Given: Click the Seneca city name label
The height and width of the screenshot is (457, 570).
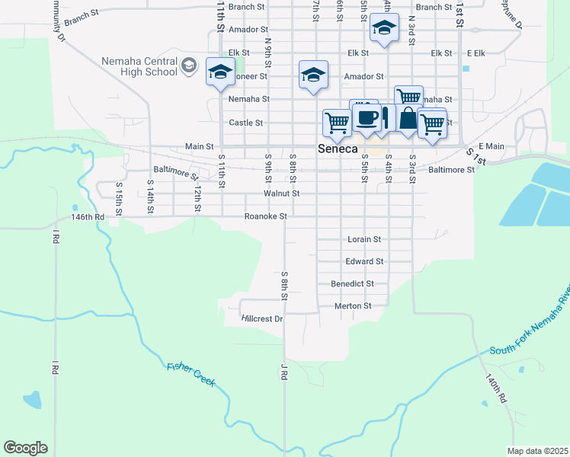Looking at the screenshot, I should click(336, 150).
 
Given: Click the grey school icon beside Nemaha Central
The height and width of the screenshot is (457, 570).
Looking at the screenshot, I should click(188, 67).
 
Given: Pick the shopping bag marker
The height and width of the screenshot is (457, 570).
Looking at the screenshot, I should click(408, 119).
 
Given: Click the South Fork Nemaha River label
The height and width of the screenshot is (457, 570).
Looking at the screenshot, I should click(527, 328).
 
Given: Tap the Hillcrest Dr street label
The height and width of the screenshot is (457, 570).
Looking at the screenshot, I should click(262, 318).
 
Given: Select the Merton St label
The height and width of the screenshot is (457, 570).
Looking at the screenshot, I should click(352, 306).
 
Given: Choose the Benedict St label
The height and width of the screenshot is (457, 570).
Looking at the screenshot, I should click(352, 283).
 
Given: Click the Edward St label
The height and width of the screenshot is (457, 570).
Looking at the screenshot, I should click(363, 261).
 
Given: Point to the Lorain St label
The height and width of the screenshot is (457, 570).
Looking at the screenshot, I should click(363, 239).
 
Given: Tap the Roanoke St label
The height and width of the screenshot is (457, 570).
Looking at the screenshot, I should click(265, 216).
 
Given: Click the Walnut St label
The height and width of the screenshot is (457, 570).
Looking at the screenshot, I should click(281, 193).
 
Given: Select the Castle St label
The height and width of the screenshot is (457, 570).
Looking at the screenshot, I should click(246, 123).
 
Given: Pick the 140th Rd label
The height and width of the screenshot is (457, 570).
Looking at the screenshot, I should click(496, 388).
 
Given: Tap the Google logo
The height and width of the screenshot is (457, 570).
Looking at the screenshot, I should click(25, 448).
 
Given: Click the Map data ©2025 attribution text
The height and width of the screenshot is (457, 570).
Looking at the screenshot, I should click(537, 451).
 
